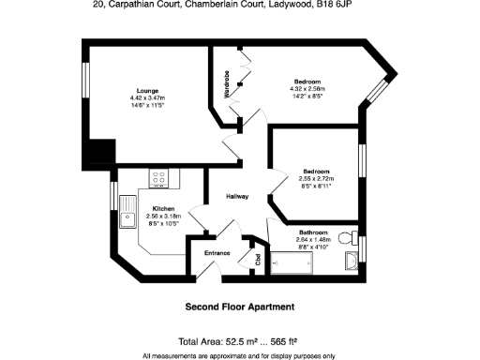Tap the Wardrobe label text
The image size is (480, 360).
point(227,83)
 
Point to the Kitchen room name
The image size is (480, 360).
point(164,208)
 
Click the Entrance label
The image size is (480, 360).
point(218,253)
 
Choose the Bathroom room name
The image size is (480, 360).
point(313,232)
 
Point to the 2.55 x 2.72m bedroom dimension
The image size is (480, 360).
point(315,179)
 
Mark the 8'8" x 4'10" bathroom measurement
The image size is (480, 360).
point(313,247)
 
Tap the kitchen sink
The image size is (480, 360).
point(126,218)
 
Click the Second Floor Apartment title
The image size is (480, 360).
point(240,307)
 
